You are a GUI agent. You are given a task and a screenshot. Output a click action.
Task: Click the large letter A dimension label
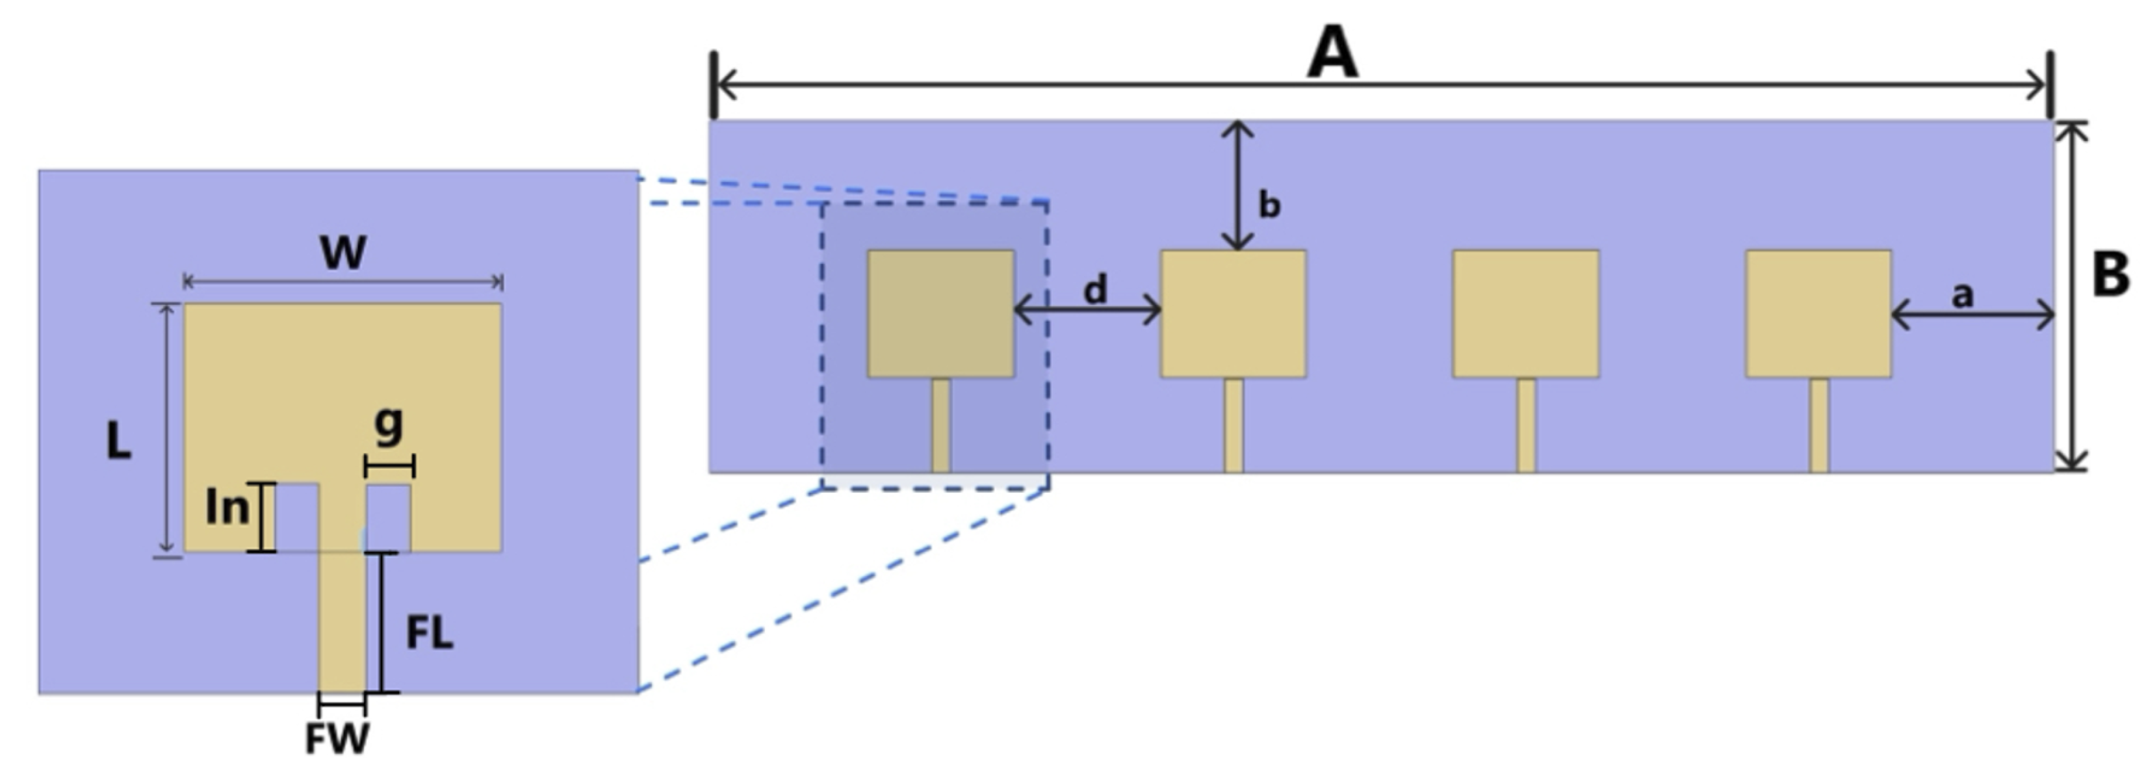click(1332, 53)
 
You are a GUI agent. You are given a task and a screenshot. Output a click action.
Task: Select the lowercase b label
click(1269, 205)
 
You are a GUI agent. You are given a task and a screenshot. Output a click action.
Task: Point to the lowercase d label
click(1095, 290)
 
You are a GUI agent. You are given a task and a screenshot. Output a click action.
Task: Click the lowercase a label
click(1963, 294)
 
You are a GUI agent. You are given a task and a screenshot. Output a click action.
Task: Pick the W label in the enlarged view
click(343, 252)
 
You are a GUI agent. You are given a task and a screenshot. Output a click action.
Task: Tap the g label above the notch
click(389, 425)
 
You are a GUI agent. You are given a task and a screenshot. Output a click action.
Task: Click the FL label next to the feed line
click(430, 634)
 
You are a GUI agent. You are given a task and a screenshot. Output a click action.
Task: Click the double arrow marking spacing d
click(1087, 311)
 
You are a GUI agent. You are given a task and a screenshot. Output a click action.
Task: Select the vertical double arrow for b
click(1239, 185)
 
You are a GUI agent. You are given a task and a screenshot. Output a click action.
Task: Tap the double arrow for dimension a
click(1972, 315)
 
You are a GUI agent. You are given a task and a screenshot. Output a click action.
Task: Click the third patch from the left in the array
click(1525, 314)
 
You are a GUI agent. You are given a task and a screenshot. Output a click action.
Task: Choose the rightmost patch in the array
click(1818, 314)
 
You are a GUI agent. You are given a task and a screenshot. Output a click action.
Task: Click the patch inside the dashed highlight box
click(940, 314)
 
